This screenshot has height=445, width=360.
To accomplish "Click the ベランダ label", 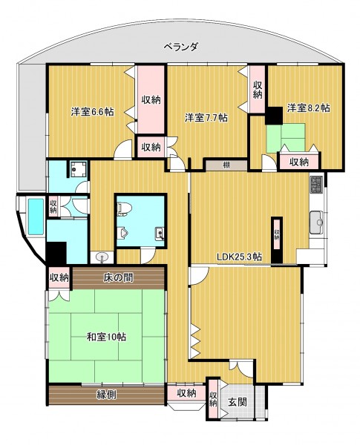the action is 180,47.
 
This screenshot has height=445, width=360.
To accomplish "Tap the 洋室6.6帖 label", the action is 93,111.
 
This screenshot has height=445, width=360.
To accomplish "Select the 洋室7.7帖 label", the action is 206,117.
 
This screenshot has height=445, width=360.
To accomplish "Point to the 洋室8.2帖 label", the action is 308,108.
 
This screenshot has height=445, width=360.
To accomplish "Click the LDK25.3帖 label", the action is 239,257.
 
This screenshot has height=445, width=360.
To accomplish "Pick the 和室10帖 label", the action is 106,337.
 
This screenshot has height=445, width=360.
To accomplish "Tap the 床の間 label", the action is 118,278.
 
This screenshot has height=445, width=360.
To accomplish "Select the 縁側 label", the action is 106,395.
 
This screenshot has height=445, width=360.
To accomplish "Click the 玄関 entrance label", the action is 238,402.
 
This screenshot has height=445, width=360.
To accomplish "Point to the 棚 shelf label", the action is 226,165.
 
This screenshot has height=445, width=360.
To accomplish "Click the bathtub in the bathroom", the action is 36,217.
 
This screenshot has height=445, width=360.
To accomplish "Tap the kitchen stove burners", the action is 315,185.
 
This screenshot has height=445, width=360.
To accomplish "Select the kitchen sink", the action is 316,222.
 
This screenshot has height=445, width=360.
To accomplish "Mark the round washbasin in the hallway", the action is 102,258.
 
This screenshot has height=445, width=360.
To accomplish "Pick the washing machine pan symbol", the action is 78,169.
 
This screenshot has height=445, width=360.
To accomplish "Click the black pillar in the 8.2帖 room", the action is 274,116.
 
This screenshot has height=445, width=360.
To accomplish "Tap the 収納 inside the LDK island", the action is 277,235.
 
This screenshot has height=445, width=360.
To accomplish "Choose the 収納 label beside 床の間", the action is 59,278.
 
